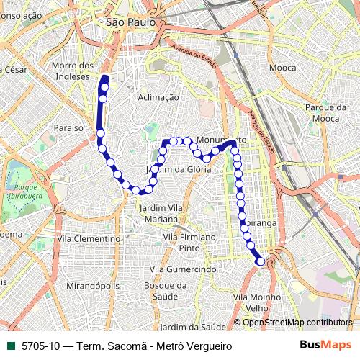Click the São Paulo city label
tap(130, 22)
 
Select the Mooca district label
tap(282, 67)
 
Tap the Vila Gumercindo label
tap(184, 269)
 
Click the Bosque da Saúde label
tap(166, 290)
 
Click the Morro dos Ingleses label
tap(73, 70)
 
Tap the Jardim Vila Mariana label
tap(157, 212)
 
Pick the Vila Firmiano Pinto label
tap(189, 242)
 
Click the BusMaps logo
tap(323, 346)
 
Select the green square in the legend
tap(11, 346)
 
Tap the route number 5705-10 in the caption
tap(40, 346)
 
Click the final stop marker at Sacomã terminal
tap(260, 262)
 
